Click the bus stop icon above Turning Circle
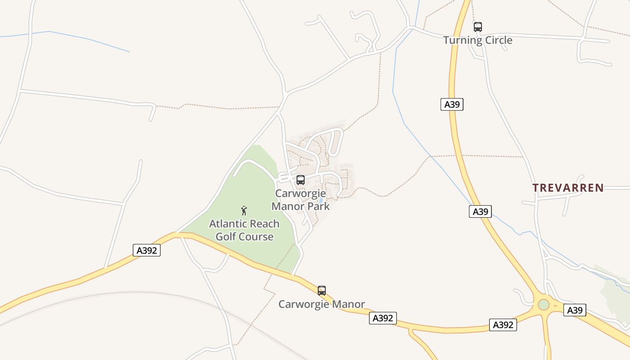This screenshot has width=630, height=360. click(x=478, y=27)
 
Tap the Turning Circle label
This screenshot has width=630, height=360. click(x=478, y=40)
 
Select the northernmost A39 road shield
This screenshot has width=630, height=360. click(x=452, y=105)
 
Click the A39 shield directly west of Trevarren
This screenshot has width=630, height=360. click(x=480, y=211)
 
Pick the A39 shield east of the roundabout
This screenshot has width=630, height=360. click(x=575, y=310)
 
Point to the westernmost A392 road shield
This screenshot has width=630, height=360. click(x=147, y=250)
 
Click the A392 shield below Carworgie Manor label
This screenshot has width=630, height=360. click(x=383, y=318)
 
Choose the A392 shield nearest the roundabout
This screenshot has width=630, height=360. click(x=503, y=325)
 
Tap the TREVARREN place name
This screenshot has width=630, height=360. click(x=568, y=188)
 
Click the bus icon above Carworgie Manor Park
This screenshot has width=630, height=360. click(x=301, y=180)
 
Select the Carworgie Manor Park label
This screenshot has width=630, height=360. click(x=301, y=200)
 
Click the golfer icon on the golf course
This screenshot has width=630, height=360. click(x=244, y=210)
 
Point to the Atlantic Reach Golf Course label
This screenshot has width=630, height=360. click(x=244, y=230)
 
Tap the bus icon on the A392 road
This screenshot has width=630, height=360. click(x=322, y=291)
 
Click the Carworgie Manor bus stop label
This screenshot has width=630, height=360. click(x=322, y=304)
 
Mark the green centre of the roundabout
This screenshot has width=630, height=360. click(x=544, y=305)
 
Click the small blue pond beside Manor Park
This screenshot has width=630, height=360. click(x=321, y=201)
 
